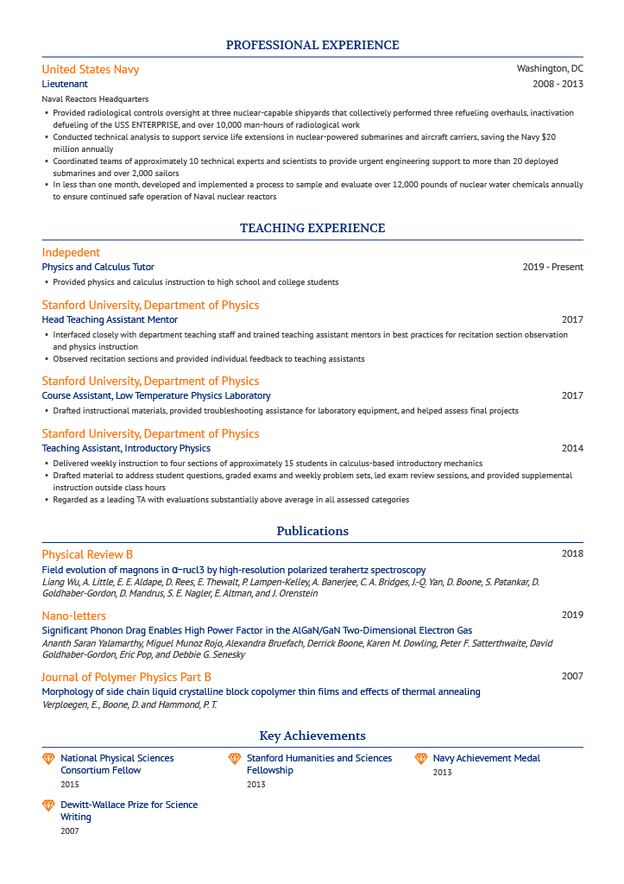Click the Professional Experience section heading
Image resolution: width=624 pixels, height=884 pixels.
312,45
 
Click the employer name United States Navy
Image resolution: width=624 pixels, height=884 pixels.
91,69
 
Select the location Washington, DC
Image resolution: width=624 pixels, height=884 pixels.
550,68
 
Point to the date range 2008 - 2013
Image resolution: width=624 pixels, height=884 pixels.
558,84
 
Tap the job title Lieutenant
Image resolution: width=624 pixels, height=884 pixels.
65,84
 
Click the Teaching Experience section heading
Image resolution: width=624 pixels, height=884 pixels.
312,228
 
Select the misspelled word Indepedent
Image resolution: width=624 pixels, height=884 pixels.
71,252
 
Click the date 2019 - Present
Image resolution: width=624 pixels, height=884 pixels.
552,267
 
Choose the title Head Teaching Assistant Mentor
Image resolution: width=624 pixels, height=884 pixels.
110,319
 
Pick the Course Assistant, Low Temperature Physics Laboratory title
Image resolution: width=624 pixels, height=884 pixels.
156,395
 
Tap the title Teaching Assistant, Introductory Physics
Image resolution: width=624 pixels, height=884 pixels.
126,448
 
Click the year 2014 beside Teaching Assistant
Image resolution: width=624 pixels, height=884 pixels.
572,448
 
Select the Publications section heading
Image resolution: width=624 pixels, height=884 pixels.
312,531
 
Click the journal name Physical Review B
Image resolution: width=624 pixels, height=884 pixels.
87,554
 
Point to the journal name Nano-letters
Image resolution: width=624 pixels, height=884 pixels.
74,616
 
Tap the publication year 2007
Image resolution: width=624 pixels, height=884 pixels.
572,676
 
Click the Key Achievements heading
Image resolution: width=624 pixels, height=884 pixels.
312,736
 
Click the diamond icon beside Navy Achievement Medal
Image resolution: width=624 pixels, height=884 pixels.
421,759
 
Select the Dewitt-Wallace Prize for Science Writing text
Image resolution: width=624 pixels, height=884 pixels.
129,811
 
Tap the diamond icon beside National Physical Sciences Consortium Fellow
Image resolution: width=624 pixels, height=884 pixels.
48,759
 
